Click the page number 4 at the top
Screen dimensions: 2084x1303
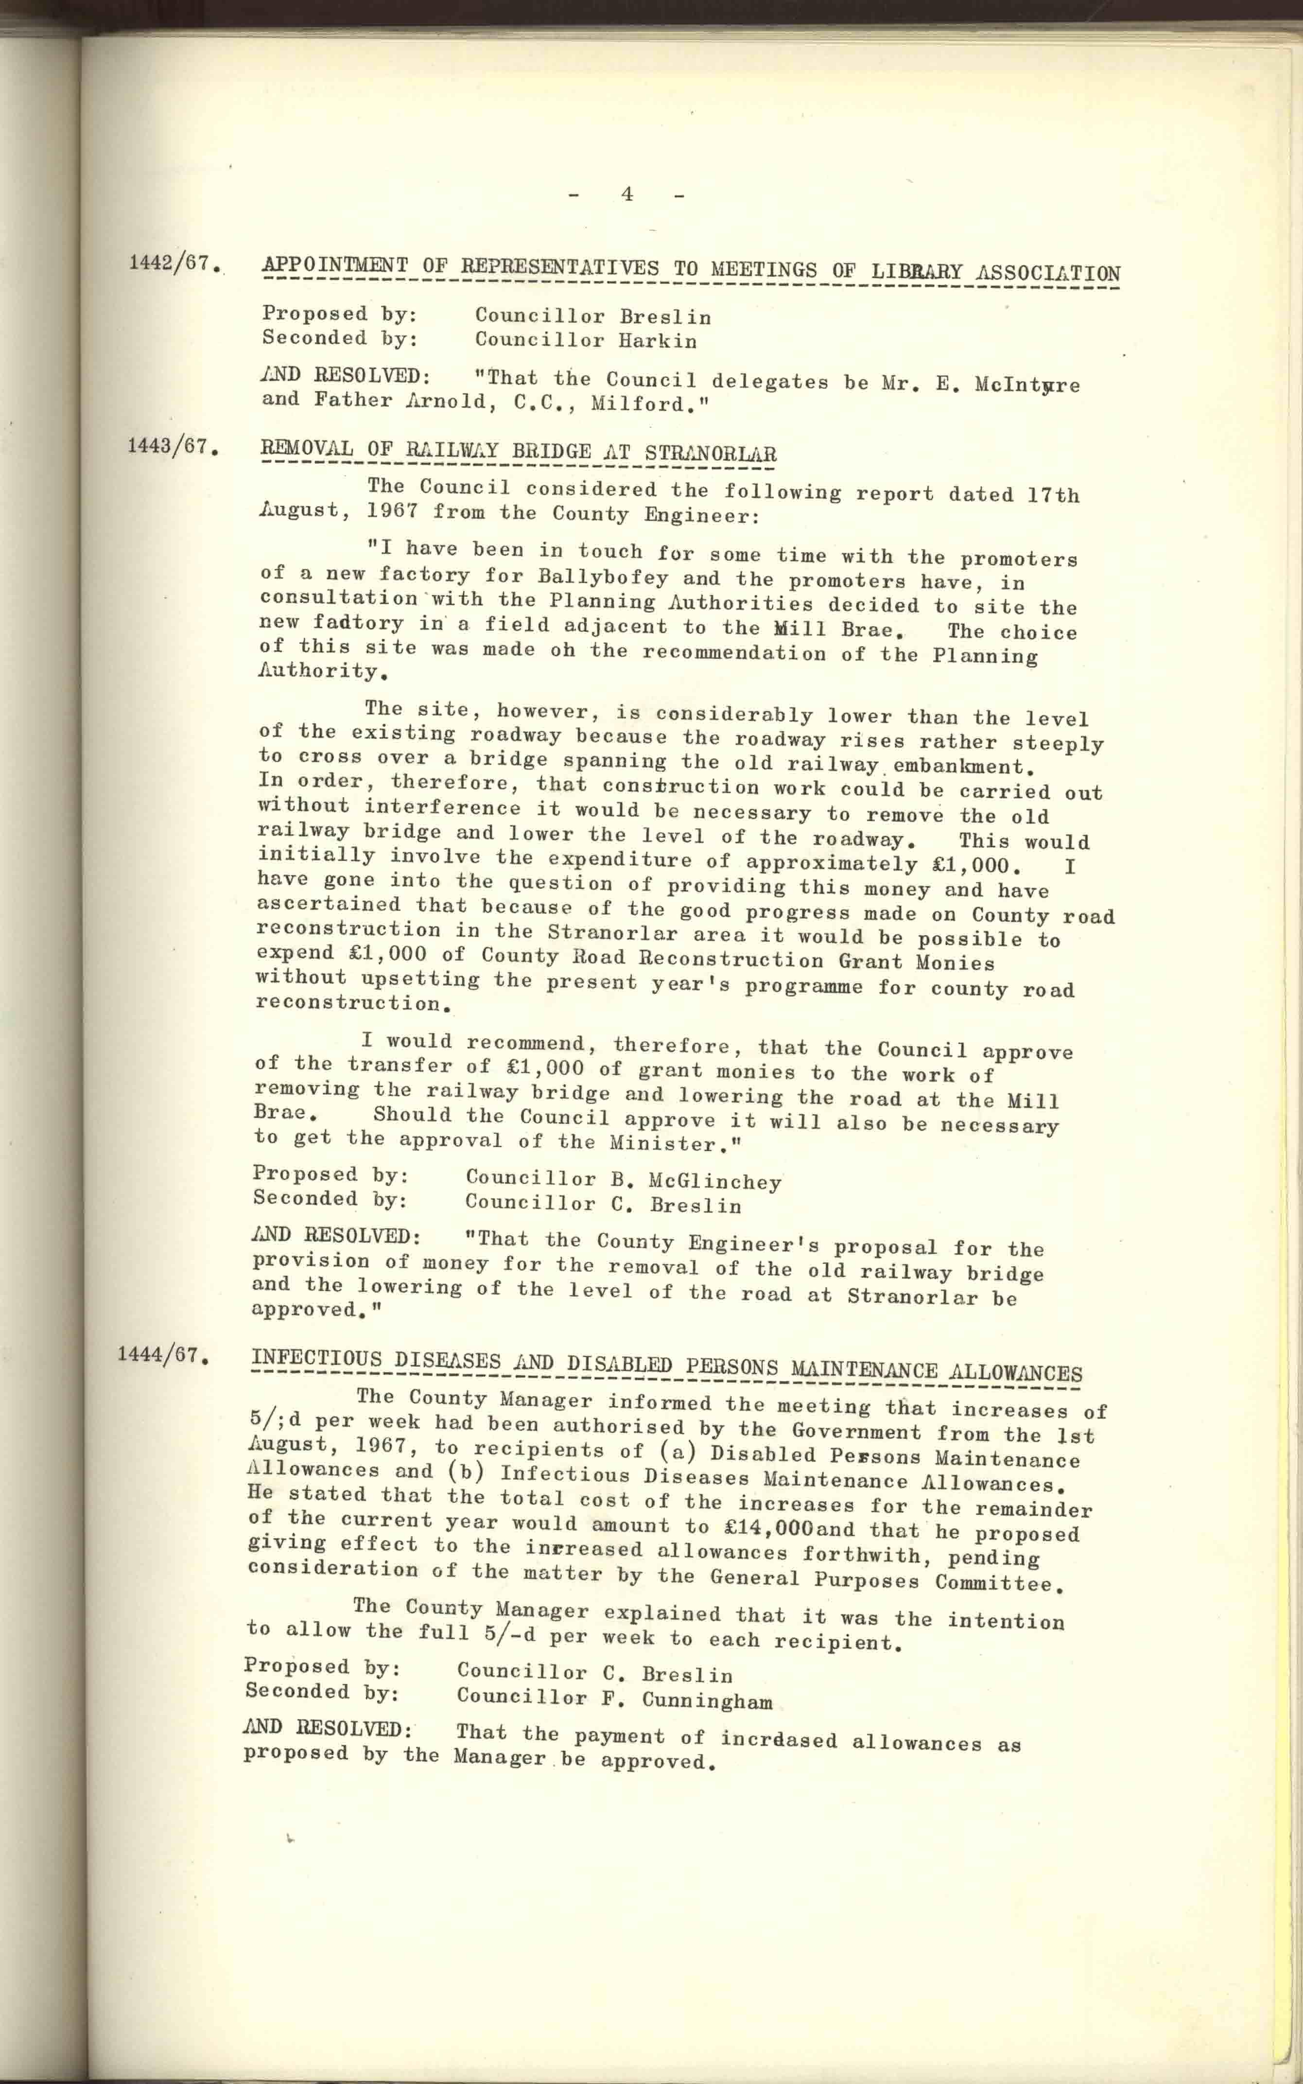[626, 195]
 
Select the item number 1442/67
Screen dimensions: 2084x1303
[170, 263]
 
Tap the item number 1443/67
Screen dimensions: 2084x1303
[170, 446]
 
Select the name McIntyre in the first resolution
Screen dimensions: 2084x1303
[1027, 385]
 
